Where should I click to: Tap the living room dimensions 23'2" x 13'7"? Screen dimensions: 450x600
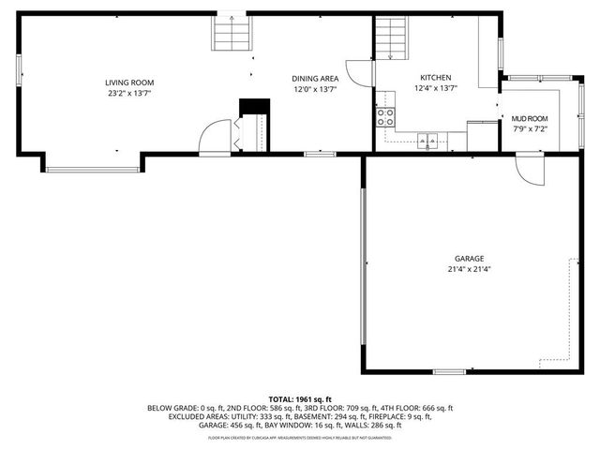129,94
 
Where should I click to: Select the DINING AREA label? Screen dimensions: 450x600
315,79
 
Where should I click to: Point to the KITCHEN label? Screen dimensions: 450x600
435,78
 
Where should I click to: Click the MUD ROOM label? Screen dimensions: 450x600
530,119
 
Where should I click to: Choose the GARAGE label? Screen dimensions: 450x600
470,259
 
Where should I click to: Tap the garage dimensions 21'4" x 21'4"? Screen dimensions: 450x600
470,269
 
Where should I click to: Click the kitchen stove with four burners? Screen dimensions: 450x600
384,116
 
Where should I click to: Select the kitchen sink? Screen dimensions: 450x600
427,142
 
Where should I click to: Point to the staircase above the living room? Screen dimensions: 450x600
232,35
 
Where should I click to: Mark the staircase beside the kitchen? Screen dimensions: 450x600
392,37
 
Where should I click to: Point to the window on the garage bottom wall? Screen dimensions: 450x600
449,372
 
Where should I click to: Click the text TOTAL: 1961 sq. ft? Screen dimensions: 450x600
300,399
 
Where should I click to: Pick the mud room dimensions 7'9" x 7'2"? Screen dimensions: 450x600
530,129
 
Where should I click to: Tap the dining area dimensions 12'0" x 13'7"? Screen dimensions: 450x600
315,89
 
